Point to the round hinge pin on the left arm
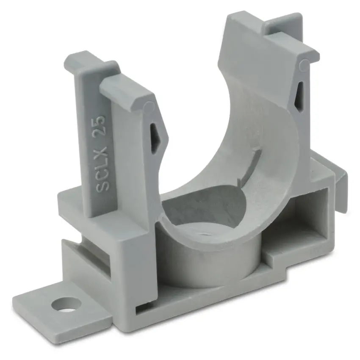pyautogui.click(x=150, y=107)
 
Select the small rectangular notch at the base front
pyautogui.click(x=141, y=308)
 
